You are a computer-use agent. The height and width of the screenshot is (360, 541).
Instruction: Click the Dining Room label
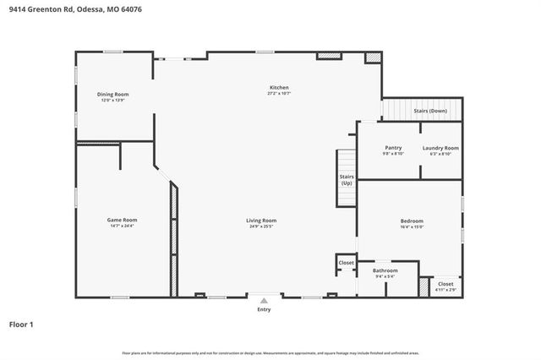point(112,94)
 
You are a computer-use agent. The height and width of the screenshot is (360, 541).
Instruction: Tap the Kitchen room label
point(279,87)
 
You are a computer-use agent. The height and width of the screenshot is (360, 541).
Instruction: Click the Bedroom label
point(411,221)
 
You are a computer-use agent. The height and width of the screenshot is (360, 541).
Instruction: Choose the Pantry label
point(393,148)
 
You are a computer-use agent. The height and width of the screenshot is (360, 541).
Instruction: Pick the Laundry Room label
point(440,148)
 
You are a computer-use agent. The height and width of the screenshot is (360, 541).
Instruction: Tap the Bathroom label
point(385,270)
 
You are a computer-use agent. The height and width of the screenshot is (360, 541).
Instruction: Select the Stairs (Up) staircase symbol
point(347,179)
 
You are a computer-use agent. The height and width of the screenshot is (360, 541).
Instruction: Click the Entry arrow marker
point(264,299)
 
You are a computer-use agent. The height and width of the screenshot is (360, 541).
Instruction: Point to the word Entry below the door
point(264,309)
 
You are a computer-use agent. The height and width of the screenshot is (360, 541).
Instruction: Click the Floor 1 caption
point(21,324)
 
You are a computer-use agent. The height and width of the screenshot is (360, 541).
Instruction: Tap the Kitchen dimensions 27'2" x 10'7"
point(279,94)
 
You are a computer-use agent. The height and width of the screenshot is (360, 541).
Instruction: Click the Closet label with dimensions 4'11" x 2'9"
point(445,284)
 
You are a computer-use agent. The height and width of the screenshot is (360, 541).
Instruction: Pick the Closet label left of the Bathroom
point(346,263)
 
